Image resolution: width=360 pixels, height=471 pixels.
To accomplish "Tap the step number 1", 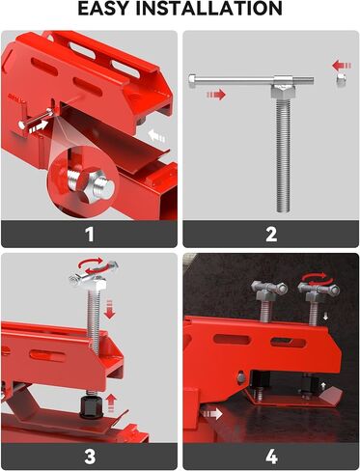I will pyautogui.click(x=89, y=234).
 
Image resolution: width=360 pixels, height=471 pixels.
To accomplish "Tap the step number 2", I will pyautogui.click(x=270, y=234).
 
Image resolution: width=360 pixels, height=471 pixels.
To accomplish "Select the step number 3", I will pyautogui.click(x=89, y=456).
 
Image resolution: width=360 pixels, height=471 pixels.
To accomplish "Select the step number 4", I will pyautogui.click(x=270, y=456).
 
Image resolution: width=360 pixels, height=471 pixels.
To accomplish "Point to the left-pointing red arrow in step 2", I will pyautogui.click(x=341, y=66).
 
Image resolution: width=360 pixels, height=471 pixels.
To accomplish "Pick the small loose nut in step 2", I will pyautogui.click(x=341, y=85).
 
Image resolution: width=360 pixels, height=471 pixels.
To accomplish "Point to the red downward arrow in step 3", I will pyautogui.click(x=108, y=310).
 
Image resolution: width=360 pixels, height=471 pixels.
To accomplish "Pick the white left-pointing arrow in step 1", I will pyautogui.click(x=157, y=136).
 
